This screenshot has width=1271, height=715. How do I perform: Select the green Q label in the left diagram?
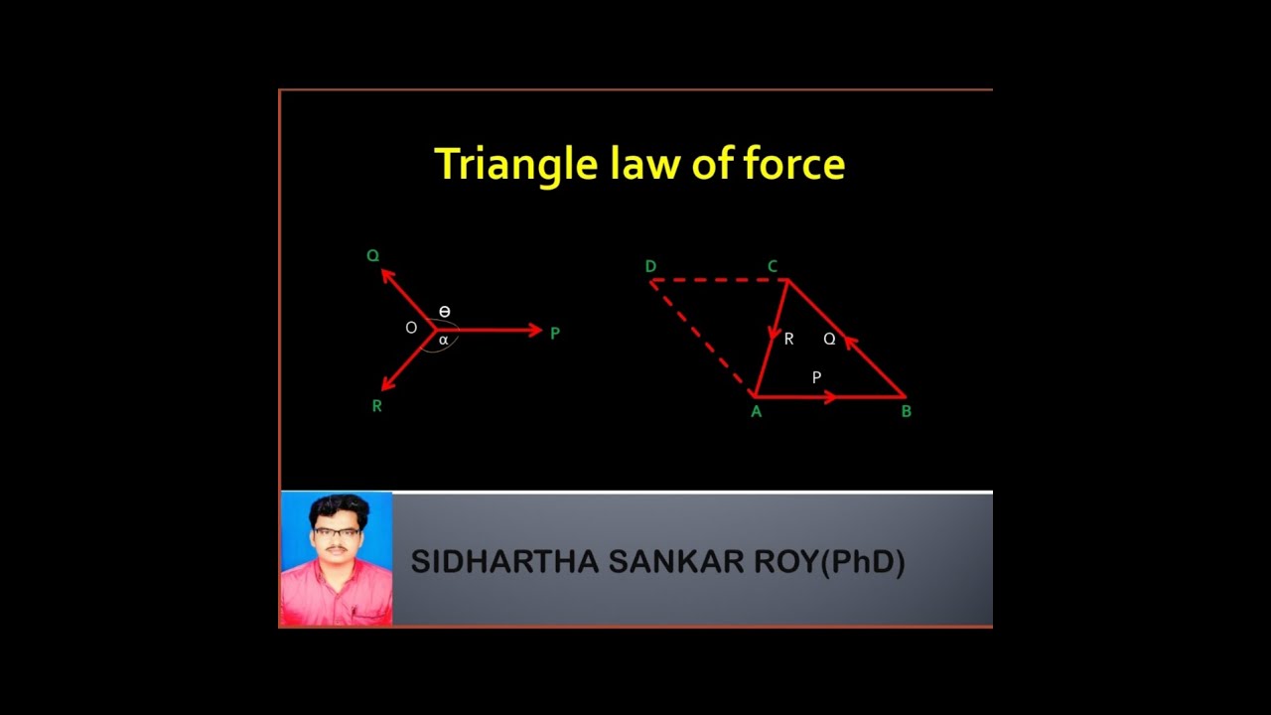pos(372,256)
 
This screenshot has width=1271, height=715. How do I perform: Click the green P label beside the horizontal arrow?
pos(554,334)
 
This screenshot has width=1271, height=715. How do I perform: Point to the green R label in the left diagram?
pos(376,406)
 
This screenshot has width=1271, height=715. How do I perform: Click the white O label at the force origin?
pos(411,328)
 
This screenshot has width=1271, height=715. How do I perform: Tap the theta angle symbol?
pos(444,312)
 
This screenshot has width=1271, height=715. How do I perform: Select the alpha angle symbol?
pos(443,340)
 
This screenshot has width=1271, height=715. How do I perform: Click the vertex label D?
pos(650,266)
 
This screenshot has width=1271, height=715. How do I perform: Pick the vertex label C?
pos(772,266)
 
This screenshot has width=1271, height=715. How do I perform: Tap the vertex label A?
pos(756,412)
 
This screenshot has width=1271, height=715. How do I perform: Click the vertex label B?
pos(906,411)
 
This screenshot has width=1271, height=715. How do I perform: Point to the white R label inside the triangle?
pos(788,340)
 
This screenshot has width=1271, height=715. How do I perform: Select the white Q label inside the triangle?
pos(829,340)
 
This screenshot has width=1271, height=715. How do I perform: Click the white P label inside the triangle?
pos(816,377)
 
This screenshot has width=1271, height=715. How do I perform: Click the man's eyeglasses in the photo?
pos(337,532)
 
